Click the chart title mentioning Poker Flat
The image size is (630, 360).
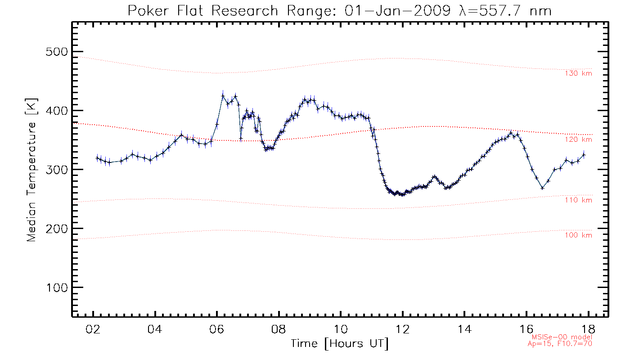click(x=339, y=11)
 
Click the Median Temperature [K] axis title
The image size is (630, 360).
click(x=31, y=170)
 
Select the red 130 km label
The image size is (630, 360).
click(x=578, y=73)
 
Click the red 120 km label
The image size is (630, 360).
click(x=578, y=140)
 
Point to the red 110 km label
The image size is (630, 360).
click(x=578, y=200)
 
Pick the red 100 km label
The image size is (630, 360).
click(x=578, y=235)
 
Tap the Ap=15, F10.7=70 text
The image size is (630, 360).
click(x=560, y=343)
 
